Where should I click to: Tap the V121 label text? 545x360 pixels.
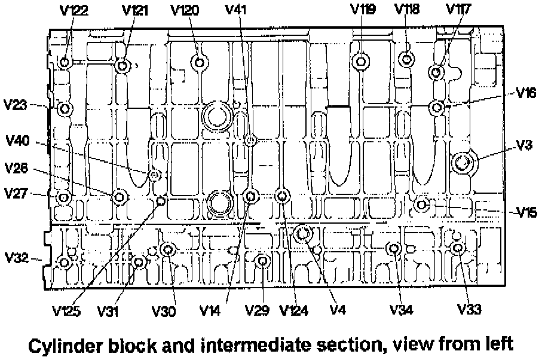click(x=136, y=11)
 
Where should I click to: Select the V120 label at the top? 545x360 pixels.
click(x=185, y=11)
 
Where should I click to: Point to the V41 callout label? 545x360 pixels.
click(x=238, y=10)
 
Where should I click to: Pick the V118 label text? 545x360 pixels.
click(x=408, y=10)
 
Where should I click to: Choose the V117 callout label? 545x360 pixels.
click(x=458, y=10)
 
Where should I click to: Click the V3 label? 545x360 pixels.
click(x=525, y=145)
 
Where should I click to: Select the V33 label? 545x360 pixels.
click(x=469, y=309)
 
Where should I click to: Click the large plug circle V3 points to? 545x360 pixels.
click(x=463, y=161)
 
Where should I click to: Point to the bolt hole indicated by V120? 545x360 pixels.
click(x=199, y=62)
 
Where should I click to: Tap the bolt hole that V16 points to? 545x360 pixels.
click(x=437, y=108)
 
